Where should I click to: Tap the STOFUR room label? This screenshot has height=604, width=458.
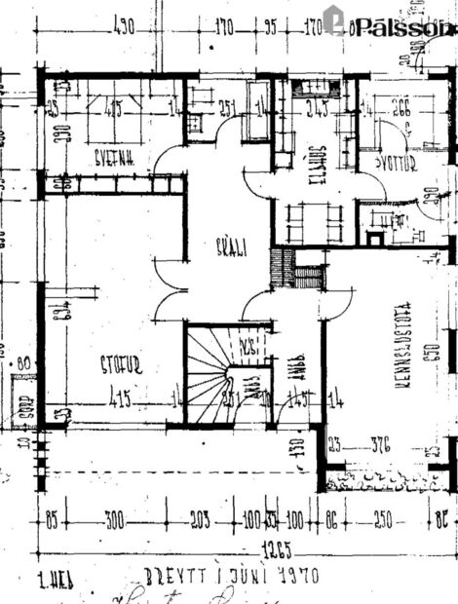(121, 365)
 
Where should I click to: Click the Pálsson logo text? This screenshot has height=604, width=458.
(403, 28)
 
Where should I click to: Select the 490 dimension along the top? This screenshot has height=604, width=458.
(124, 27)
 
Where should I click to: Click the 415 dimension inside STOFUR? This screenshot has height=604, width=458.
(122, 397)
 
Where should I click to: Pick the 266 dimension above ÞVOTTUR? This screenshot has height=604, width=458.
(399, 109)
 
